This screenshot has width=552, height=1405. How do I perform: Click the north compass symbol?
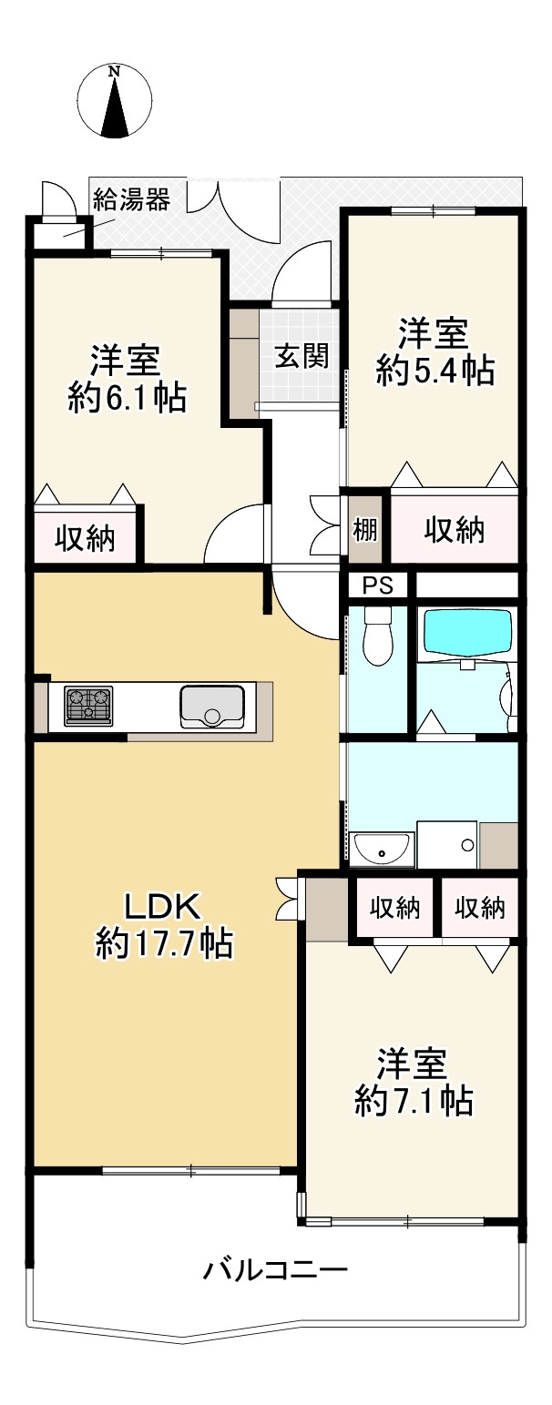pos(115,101)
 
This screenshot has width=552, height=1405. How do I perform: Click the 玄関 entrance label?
pos(302,357)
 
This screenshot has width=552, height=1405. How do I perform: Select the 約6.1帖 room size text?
pos(128,397)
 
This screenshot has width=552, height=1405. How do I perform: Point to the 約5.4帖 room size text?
pos(435,371)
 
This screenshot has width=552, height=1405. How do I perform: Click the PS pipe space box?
pos(378,585)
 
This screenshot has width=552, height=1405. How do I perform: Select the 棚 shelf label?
pos(365,530)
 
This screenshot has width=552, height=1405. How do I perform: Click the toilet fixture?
pos(378,636)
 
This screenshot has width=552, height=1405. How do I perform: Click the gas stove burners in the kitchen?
pos(88,707)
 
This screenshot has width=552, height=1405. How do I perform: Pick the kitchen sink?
pos(212,707)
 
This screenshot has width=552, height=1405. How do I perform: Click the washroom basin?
pos(382,850)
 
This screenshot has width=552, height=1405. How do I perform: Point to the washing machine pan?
pos(448,844)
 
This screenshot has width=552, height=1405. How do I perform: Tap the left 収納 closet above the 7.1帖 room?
pos(394,908)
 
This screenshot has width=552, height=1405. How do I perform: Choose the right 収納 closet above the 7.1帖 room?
pos(480,908)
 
